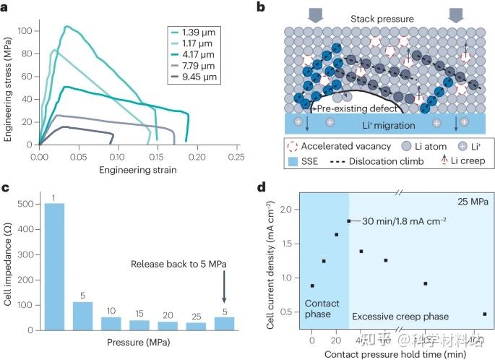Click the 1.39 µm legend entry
point(194,33)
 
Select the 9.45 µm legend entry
point(194,77)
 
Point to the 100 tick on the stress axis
point(27,31)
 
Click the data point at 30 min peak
point(348,221)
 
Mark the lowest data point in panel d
point(483,314)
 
